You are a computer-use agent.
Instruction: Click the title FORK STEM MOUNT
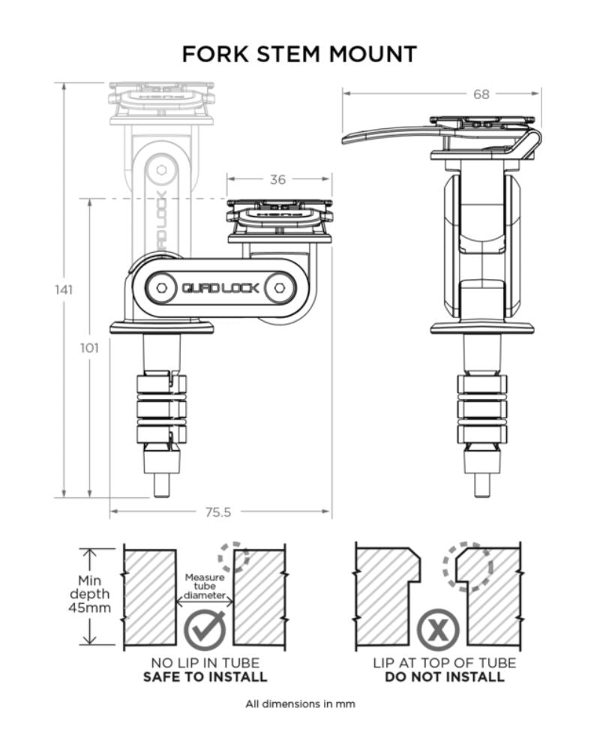(x=299, y=54)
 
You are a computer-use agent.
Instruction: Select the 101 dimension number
(x=89, y=347)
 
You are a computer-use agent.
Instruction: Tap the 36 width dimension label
(x=278, y=179)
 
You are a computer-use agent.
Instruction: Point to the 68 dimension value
(x=481, y=94)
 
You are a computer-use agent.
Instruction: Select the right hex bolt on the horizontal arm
(x=279, y=288)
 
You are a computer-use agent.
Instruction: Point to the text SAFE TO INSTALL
(x=205, y=676)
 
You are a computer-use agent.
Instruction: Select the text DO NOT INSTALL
(x=444, y=676)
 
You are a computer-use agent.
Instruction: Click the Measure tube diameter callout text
(x=205, y=586)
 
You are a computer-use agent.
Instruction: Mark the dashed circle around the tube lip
(x=466, y=565)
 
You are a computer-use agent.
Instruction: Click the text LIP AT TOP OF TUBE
(x=444, y=663)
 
